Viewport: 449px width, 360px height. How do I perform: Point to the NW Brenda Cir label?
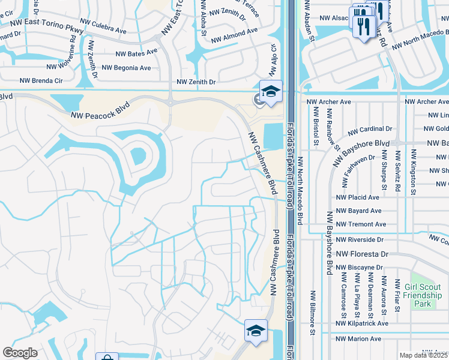click(41, 80)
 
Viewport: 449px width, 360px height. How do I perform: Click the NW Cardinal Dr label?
click(370, 129)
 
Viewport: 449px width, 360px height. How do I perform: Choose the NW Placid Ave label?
click(358, 197)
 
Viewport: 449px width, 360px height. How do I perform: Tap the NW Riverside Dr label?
click(360, 239)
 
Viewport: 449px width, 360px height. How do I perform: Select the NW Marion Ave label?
click(358, 338)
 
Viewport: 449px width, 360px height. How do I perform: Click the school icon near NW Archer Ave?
click(271, 92)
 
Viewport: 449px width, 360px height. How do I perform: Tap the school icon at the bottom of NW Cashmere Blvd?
click(256, 331)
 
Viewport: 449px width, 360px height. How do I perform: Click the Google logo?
click(20, 352)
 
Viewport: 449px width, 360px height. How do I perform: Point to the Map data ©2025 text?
click(423, 355)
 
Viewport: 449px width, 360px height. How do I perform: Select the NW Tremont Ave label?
click(361, 224)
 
